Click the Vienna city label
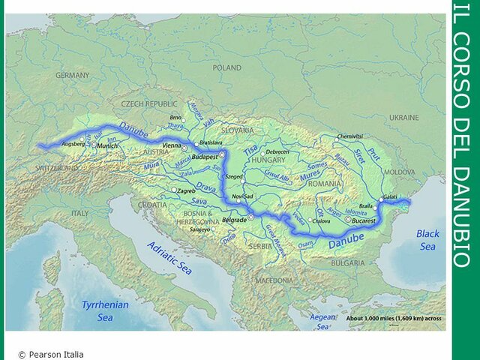pos(172,145)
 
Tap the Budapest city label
pos(204,158)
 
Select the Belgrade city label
pos(235,220)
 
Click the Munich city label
pos(107,145)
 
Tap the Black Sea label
pos(427,240)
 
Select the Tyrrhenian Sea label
pos(105,311)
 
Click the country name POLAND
pos(228,67)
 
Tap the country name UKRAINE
pos(405,118)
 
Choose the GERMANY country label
pos(72,76)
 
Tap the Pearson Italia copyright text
pos(51,354)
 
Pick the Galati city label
pos(389,196)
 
